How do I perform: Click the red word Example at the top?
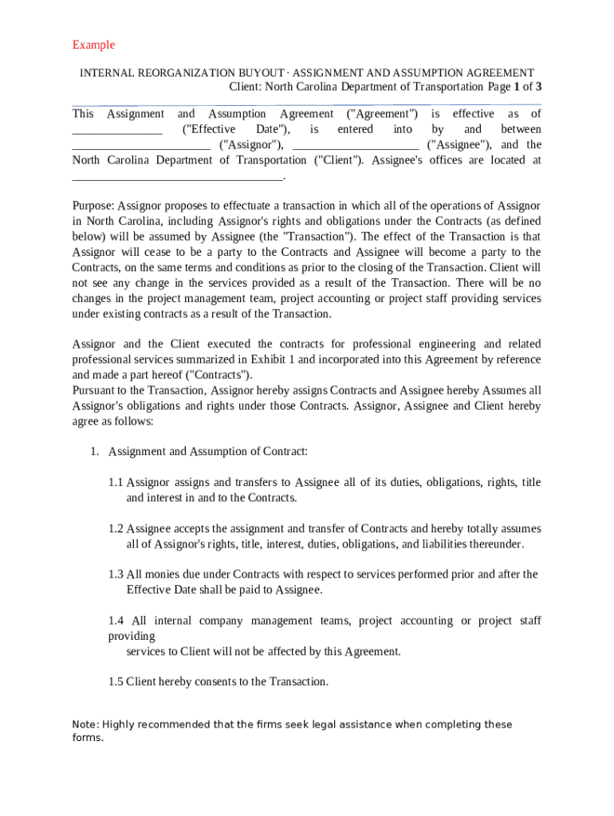coord(93,45)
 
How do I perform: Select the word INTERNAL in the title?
coord(107,73)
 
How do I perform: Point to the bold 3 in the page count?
coord(539,86)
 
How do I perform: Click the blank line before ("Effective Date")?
coord(117,131)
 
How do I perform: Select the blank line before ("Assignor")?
coord(141,146)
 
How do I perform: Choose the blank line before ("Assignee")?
coord(356,146)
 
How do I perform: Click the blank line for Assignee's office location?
coord(177,176)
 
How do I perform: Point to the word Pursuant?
coord(95,390)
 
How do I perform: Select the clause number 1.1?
coord(116,482)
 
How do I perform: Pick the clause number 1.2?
coord(116,528)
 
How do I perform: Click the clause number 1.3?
coord(116,574)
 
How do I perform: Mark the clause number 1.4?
coord(116,620)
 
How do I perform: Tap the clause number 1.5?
coord(116,681)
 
